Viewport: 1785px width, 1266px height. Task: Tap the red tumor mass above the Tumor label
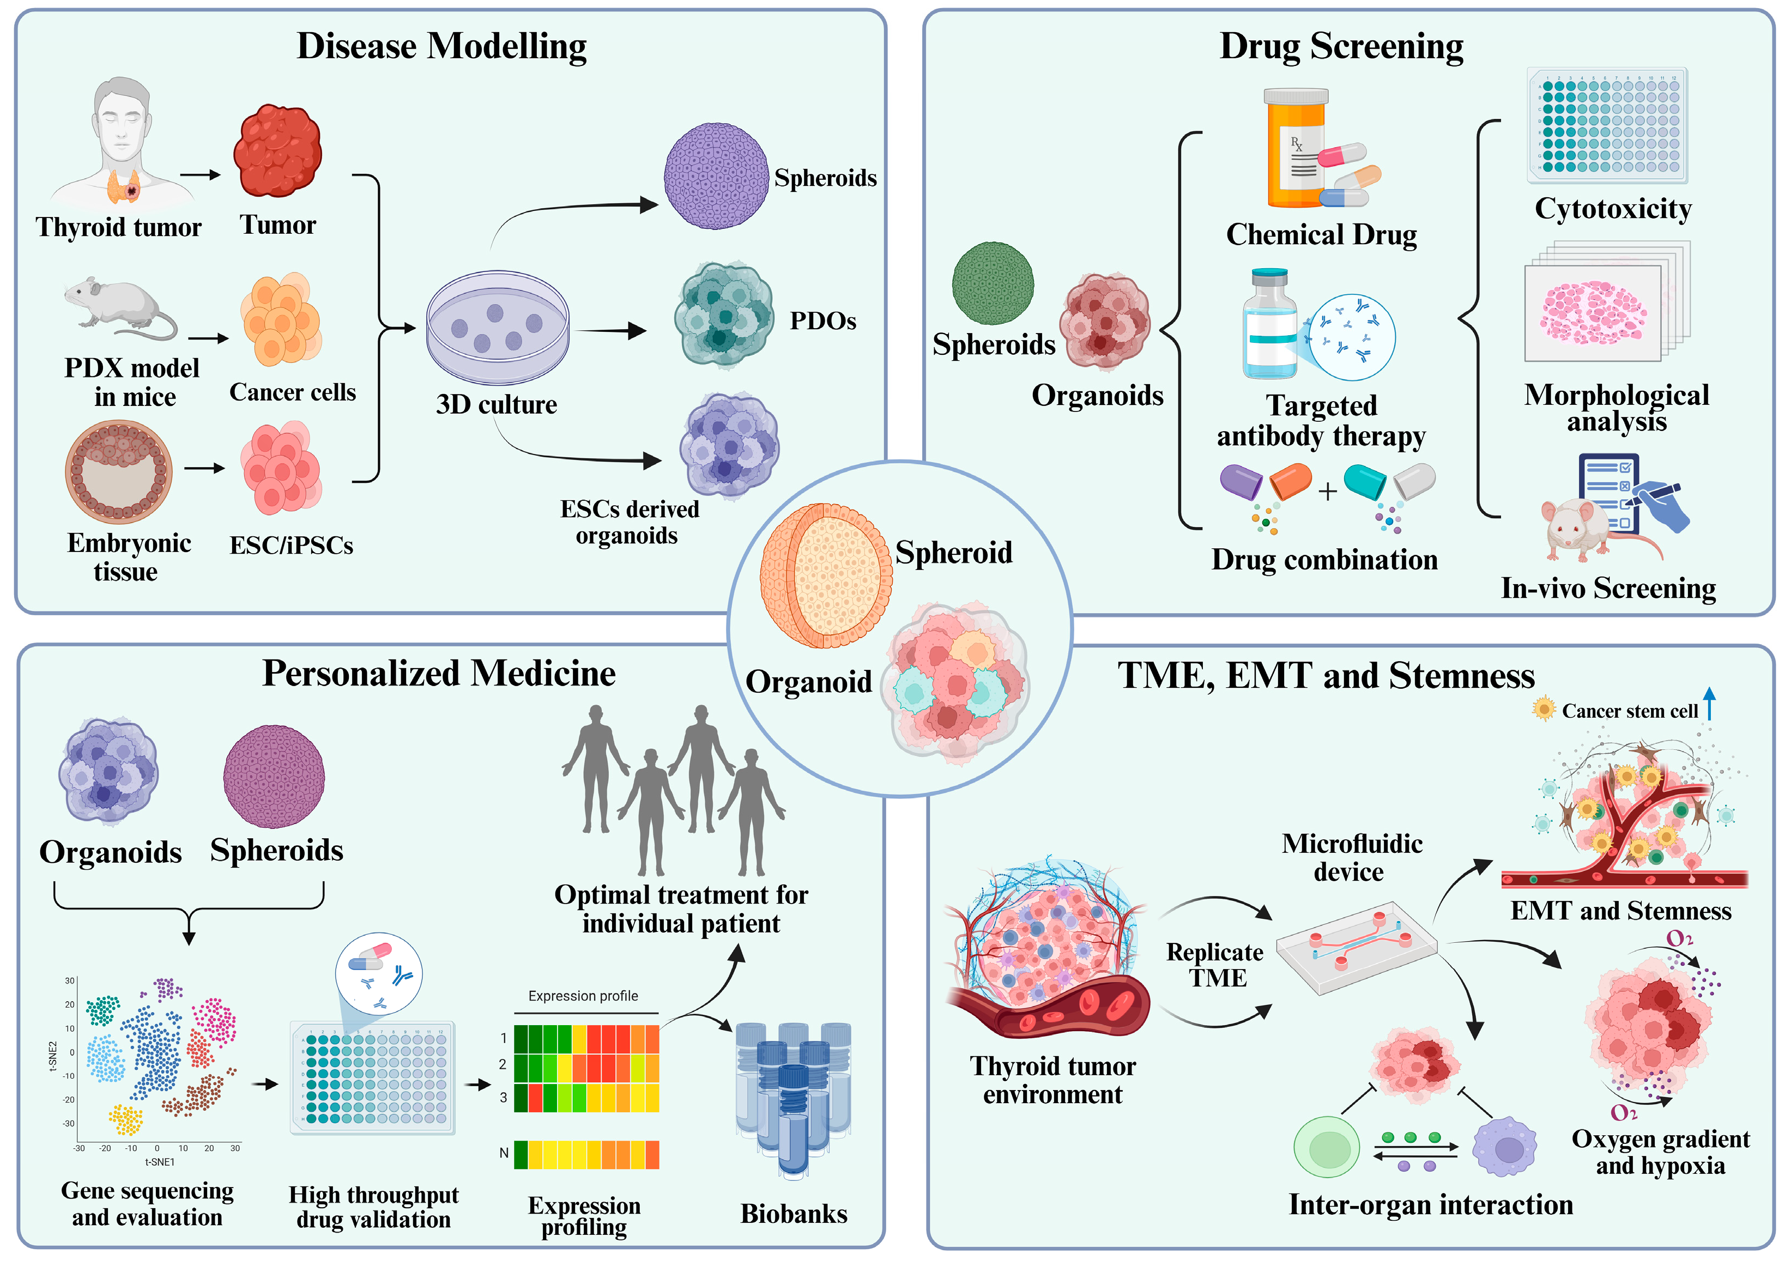(277, 152)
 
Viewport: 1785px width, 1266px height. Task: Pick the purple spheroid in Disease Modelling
(716, 176)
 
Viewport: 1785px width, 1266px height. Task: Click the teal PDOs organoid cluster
(723, 315)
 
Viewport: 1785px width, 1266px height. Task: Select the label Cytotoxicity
(1612, 209)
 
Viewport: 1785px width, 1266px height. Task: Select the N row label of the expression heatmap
(504, 1153)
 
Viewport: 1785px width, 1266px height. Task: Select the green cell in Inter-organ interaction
(1326, 1148)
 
